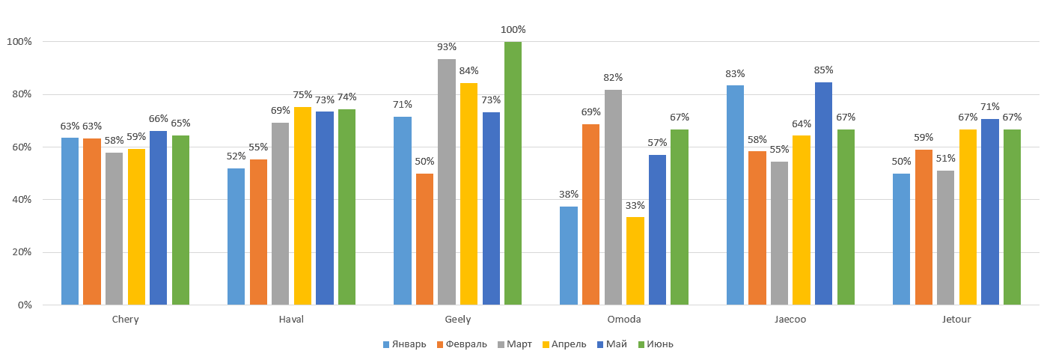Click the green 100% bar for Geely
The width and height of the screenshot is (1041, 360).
pos(513,173)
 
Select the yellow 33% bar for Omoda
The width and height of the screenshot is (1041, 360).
pos(635,260)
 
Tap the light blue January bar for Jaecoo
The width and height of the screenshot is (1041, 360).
pos(735,195)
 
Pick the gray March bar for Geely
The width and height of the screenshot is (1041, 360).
pos(447,182)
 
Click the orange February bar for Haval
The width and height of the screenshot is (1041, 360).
pos(258,232)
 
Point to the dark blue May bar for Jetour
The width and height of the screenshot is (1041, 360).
pos(989,212)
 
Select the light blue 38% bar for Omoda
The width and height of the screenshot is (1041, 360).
pos(569,255)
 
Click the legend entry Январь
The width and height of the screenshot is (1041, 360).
pos(404,344)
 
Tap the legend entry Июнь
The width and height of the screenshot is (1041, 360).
pos(656,344)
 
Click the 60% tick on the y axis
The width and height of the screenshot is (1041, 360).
pos(19,147)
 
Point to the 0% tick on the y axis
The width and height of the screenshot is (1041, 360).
pos(22,305)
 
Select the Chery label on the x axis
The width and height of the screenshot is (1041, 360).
pos(125,320)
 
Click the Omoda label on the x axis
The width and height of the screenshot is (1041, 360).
pos(624,320)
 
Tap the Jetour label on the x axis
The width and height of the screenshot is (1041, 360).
pos(956,320)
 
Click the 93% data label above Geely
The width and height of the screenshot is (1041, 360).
pos(447,47)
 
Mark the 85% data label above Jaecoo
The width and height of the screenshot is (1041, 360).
pos(824,70)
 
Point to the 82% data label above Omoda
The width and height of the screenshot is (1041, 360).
pos(613,78)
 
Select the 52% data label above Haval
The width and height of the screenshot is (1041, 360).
pos(236,156)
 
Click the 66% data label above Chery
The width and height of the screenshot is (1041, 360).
pos(158,119)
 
